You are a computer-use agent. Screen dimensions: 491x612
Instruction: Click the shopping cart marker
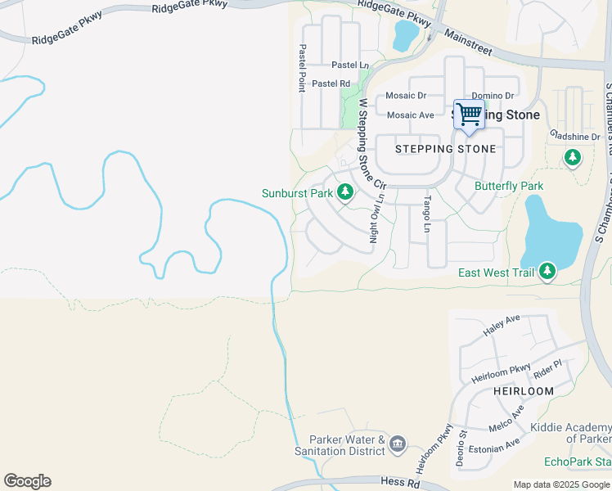coord(469,115)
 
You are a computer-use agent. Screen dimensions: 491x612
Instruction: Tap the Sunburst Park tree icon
coord(345,192)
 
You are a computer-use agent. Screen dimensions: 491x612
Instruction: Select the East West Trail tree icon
coord(547,272)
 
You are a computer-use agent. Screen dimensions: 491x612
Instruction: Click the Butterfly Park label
coord(509,186)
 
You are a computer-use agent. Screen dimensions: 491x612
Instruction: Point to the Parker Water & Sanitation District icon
coord(398,444)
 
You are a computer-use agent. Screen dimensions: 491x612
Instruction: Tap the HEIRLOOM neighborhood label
coord(524,391)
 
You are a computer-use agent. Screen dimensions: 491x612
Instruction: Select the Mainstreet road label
coord(468,43)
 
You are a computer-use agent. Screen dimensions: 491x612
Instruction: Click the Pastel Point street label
coord(302,68)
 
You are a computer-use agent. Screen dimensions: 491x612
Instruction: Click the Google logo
coord(27,481)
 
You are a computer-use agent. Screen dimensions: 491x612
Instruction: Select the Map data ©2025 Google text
coord(560,484)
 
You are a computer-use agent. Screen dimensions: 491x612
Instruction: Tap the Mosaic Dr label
coord(407,95)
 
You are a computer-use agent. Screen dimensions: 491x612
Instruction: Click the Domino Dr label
coord(493,96)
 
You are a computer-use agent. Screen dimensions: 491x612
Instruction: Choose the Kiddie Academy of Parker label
coord(570,433)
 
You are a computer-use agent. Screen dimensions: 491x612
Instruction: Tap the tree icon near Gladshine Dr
coord(572,156)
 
